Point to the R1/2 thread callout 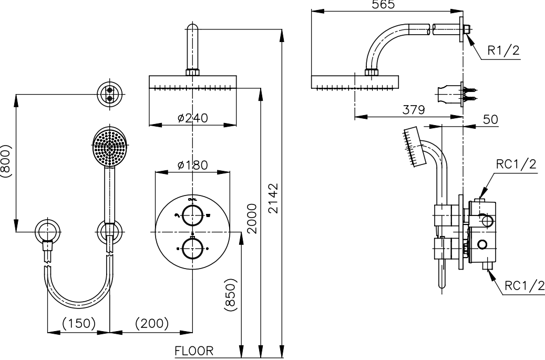(x=502, y=51)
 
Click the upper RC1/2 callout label (x=517, y=164)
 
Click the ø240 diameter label (x=192, y=118)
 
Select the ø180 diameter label (x=192, y=165)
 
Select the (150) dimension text (x=79, y=323)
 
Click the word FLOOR (x=194, y=351)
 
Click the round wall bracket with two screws (x=110, y=94)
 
